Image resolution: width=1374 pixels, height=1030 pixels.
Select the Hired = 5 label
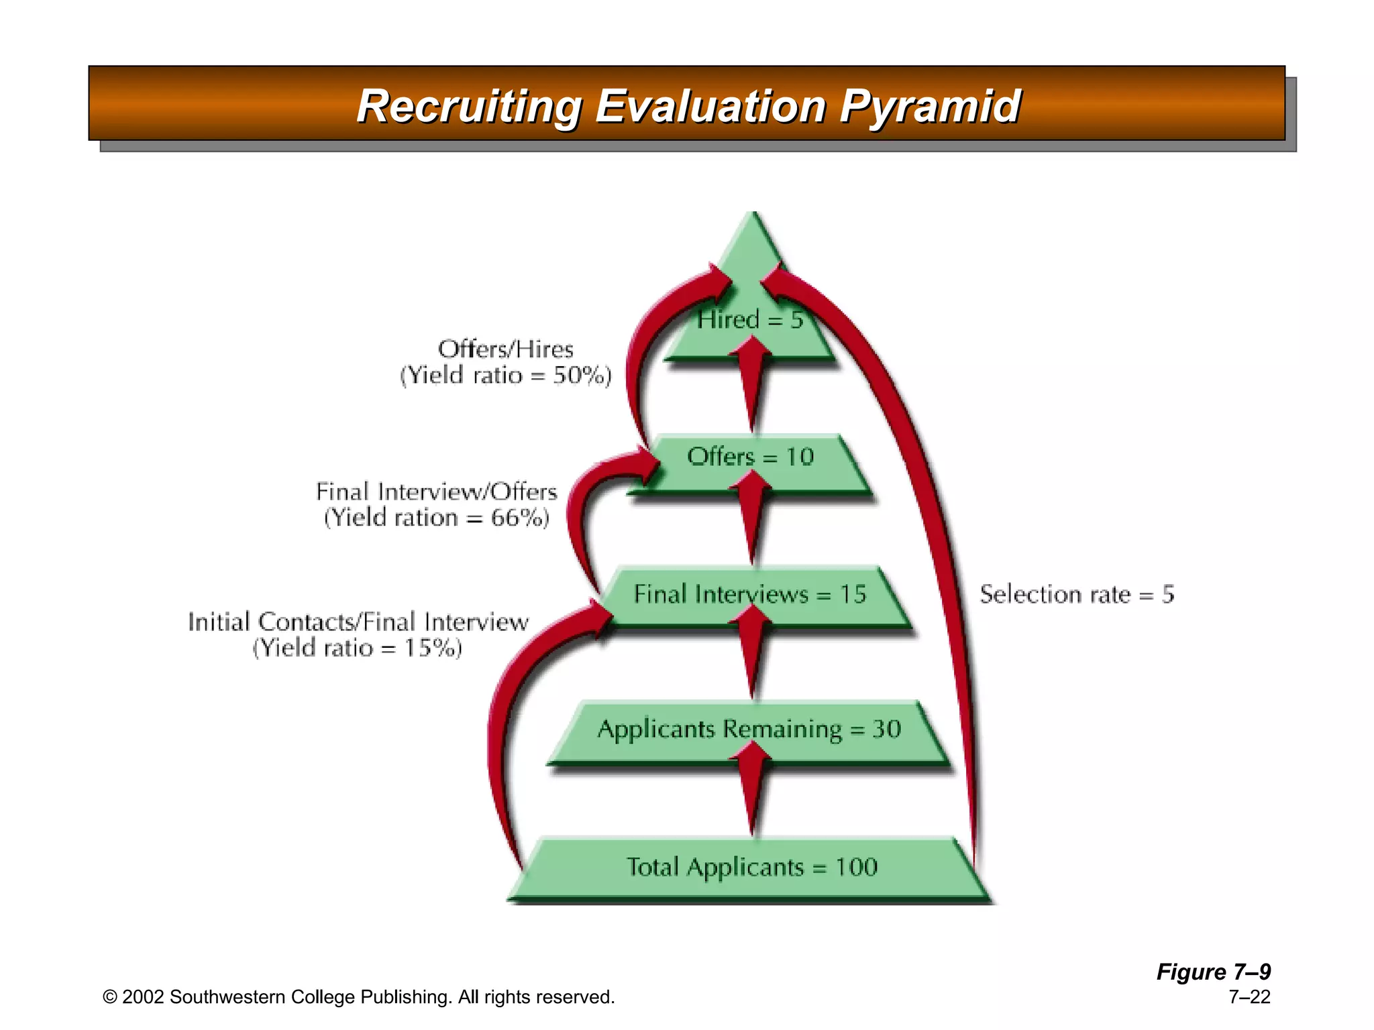tap(749, 320)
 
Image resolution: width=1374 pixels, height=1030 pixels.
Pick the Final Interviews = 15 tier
tap(750, 595)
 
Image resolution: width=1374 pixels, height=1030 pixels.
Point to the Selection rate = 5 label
tap(1077, 595)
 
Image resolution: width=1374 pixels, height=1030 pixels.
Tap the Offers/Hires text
tap(506, 349)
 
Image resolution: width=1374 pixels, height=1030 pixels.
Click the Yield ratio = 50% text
tap(506, 376)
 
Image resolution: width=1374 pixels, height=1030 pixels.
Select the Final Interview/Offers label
tap(437, 492)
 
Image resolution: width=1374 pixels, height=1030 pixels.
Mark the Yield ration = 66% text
tap(437, 518)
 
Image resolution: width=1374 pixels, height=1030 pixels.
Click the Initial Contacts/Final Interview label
tap(358, 622)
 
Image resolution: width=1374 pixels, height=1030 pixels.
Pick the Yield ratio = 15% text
tap(358, 648)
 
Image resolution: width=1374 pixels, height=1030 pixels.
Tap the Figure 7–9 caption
tap(1213, 972)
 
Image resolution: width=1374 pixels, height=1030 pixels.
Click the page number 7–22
tap(1249, 997)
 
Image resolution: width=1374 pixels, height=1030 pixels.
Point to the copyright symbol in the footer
tap(109, 998)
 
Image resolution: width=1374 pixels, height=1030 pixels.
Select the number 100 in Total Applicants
tap(857, 868)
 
